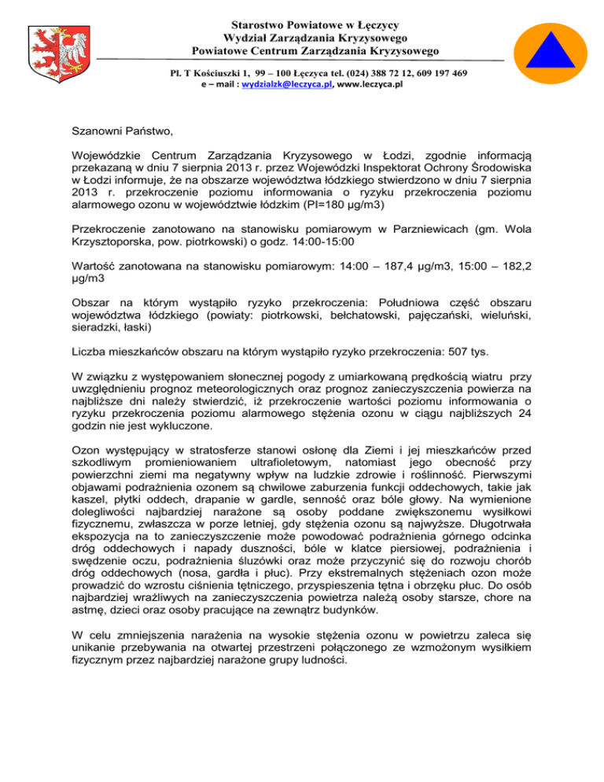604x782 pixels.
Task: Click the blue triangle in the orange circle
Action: pos(549,48)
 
